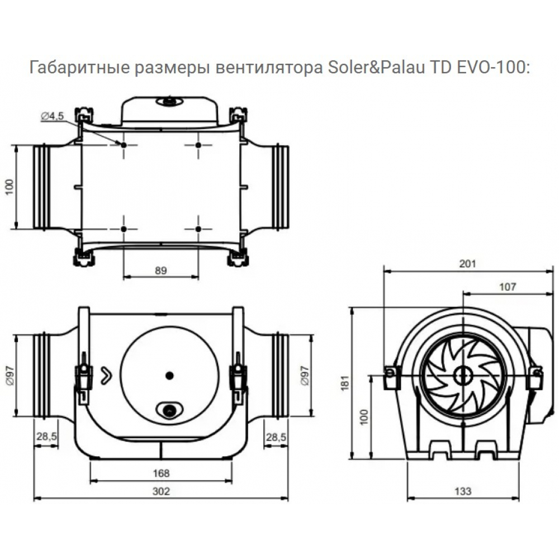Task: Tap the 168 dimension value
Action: [x=161, y=473]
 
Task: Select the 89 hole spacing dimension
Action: [x=161, y=270]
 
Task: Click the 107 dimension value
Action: [x=506, y=286]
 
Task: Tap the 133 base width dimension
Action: [x=463, y=491]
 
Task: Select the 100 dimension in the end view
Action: [x=365, y=417]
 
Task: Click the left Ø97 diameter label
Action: [x=10, y=375]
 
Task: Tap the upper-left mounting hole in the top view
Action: [x=123, y=145]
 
